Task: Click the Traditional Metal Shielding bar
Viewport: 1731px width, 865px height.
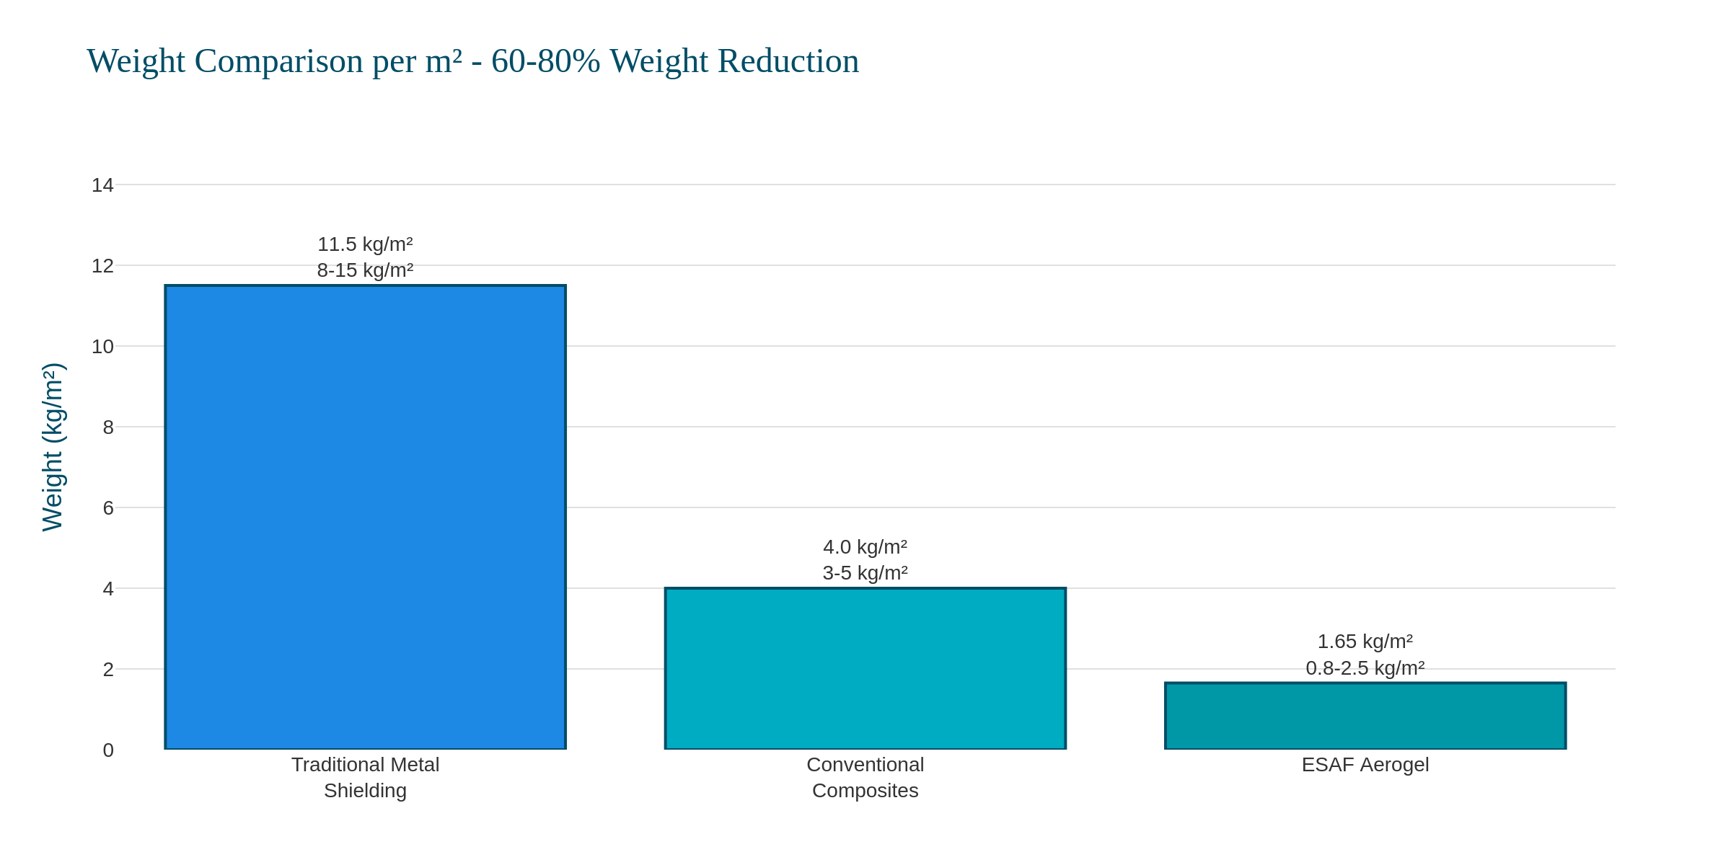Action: coord(365,517)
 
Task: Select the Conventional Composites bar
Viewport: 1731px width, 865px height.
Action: coord(865,668)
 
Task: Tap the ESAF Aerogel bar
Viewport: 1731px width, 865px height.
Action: coord(1365,716)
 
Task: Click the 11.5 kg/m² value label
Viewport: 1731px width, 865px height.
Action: coord(365,244)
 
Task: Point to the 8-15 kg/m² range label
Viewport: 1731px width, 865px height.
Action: coord(365,270)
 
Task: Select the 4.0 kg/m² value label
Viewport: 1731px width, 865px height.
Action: coord(865,547)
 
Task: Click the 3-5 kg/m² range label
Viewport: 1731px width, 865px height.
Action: coord(865,573)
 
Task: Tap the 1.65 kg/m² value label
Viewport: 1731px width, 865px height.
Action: coord(1365,642)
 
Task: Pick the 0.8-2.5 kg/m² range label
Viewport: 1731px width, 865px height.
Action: coord(1365,668)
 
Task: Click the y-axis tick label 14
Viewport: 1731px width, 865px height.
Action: coord(102,185)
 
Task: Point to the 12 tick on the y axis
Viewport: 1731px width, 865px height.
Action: coord(102,266)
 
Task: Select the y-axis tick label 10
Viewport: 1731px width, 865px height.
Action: coord(102,347)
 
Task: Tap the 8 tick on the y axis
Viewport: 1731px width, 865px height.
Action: coord(108,427)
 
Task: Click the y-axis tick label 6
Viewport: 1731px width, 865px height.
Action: coord(108,508)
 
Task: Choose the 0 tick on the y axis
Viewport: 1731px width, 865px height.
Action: coord(108,750)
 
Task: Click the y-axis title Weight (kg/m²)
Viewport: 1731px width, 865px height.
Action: coord(53,447)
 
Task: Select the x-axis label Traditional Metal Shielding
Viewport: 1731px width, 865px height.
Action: coord(365,778)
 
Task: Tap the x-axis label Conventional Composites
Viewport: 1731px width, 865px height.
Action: coord(865,778)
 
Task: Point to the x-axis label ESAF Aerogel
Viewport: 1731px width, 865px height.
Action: coord(1365,765)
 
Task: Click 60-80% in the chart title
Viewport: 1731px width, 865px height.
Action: coord(545,61)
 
